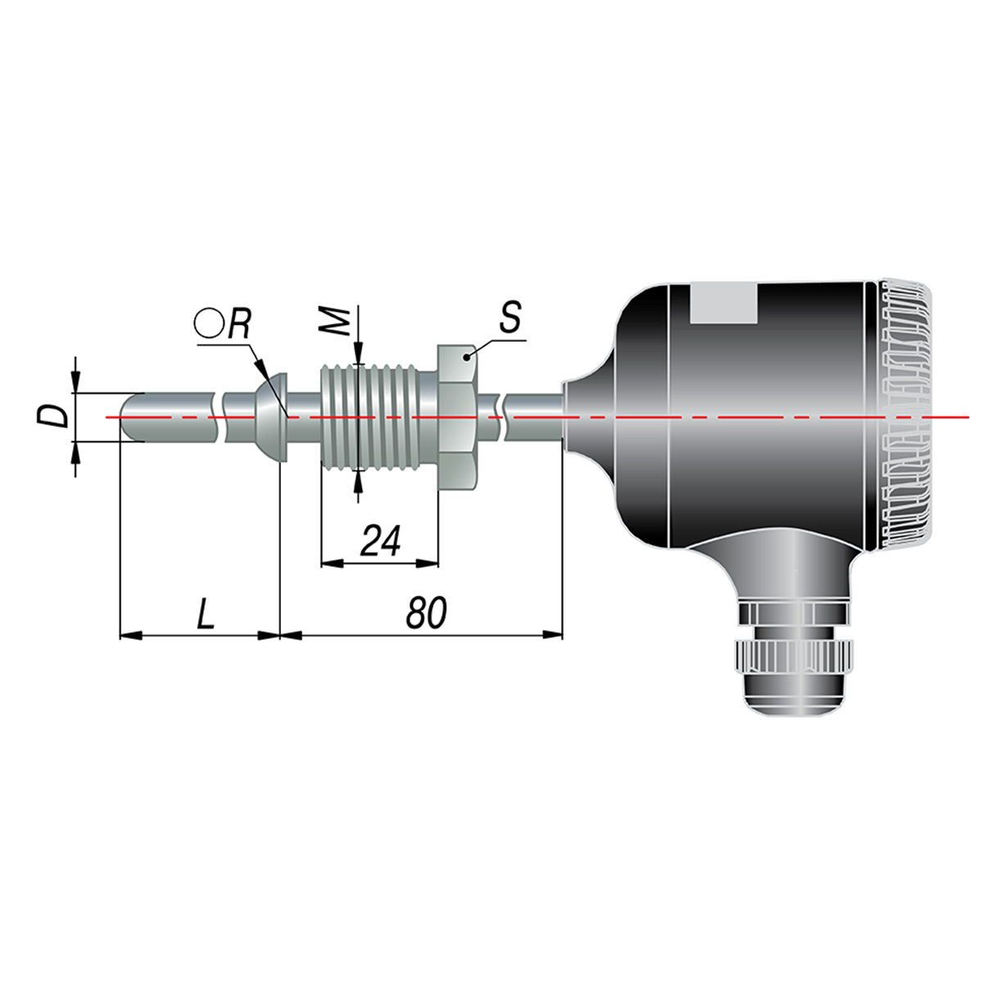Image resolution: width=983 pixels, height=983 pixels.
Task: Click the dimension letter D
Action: click(52, 417)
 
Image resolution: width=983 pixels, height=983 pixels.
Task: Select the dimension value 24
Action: click(380, 541)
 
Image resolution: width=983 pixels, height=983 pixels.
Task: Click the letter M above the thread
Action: click(335, 321)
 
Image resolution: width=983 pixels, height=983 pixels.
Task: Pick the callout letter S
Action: click(510, 317)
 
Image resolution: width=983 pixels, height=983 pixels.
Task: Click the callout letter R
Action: click(239, 324)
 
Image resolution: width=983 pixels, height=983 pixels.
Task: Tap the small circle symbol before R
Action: click(209, 324)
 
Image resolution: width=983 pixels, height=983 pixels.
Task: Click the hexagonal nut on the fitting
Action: click(458, 419)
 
